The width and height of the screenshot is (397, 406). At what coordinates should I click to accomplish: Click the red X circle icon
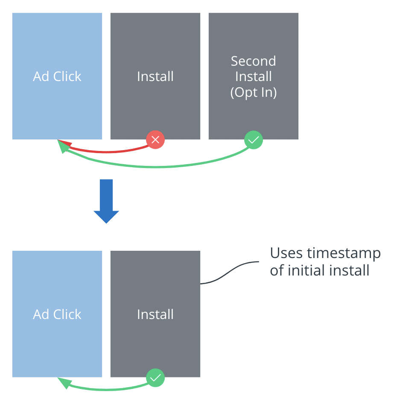[x=155, y=139]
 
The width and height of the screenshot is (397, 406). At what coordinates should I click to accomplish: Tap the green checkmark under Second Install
[x=254, y=139]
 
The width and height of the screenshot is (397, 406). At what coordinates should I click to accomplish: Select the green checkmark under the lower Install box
[x=155, y=377]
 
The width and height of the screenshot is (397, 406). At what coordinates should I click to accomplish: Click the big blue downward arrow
[x=106, y=201]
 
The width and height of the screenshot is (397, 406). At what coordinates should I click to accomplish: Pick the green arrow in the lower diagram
[x=107, y=388]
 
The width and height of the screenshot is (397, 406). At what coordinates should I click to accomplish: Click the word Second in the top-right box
[x=254, y=61]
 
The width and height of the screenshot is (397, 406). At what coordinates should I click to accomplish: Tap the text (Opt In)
[x=254, y=92]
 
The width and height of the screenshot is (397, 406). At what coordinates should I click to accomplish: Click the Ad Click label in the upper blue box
[x=57, y=76]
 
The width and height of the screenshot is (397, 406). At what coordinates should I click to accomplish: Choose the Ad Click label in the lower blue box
[x=57, y=314]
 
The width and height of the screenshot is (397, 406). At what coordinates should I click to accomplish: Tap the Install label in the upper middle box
[x=155, y=76]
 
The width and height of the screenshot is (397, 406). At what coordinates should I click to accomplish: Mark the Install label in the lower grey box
[x=155, y=314]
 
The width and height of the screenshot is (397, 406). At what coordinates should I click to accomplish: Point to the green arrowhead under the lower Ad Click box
[x=64, y=382]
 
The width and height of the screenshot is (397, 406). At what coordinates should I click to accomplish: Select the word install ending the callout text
[x=351, y=270]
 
